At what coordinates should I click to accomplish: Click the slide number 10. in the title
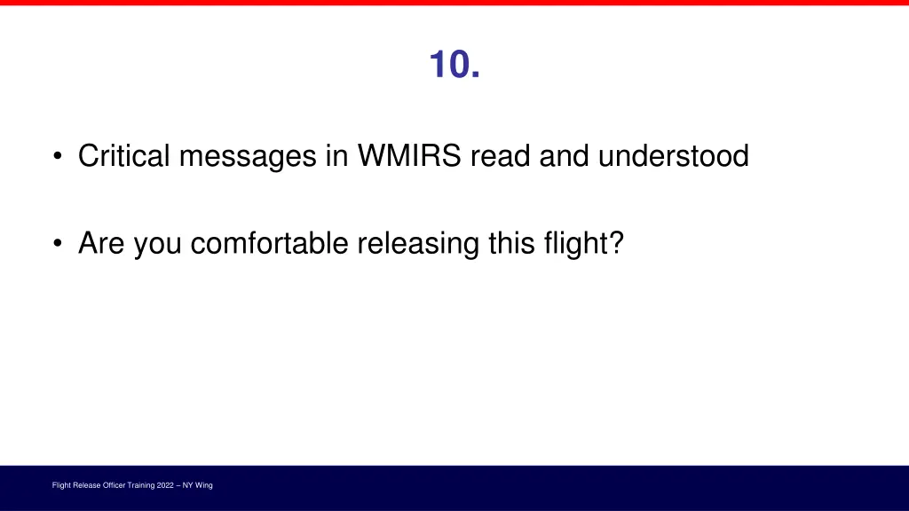[x=454, y=64]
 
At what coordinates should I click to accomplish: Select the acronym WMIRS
[x=410, y=156]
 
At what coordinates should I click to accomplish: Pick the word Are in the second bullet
[x=102, y=242]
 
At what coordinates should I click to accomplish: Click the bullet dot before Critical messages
[x=58, y=158]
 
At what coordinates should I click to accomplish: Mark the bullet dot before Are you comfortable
[x=58, y=244]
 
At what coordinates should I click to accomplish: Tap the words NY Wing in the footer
[x=197, y=485]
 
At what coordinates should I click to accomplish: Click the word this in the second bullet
[x=509, y=242]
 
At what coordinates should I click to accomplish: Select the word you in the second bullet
[x=158, y=244]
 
